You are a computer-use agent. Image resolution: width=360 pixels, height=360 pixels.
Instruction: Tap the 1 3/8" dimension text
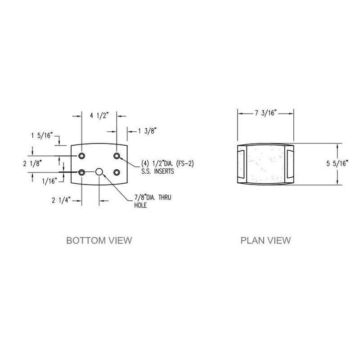pyautogui.click(x=147, y=131)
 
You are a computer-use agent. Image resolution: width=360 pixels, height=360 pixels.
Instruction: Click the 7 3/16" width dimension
pyautogui.click(x=265, y=113)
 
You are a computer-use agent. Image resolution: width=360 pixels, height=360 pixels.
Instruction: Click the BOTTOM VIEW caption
pyautogui.click(x=99, y=240)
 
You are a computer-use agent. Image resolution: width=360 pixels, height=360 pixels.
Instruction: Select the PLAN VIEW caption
pyautogui.click(x=265, y=240)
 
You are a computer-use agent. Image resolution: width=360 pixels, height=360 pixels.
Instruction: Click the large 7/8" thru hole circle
pyautogui.click(x=99, y=172)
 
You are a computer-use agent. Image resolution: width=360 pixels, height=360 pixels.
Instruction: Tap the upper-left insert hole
pyautogui.click(x=82, y=156)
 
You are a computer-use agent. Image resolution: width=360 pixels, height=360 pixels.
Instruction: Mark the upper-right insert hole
pyautogui.click(x=117, y=156)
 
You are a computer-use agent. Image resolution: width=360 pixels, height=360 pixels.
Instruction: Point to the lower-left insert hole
pyautogui.click(x=82, y=172)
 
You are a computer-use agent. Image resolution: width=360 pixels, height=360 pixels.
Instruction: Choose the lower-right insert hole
pyautogui.click(x=117, y=172)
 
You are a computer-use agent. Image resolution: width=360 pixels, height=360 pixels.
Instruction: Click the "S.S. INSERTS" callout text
pyautogui.click(x=151, y=171)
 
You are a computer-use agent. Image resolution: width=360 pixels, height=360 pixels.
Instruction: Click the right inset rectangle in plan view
pyautogui.click(x=290, y=164)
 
